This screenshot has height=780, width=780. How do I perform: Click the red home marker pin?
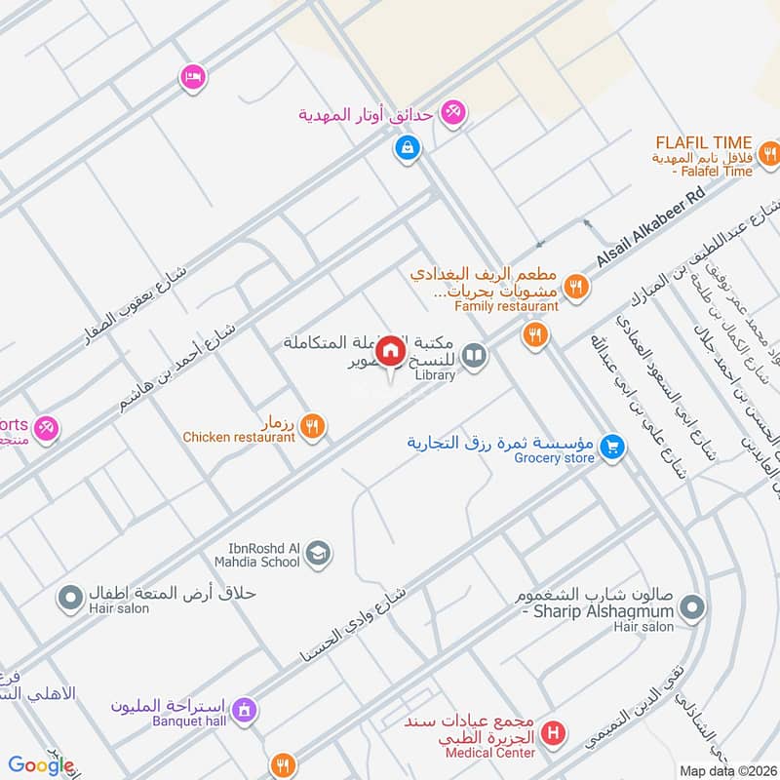[x=390, y=351]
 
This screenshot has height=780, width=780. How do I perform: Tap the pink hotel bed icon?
[x=192, y=77]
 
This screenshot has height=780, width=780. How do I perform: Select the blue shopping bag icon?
[x=407, y=149]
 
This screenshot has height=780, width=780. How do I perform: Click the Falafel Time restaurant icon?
[x=769, y=152]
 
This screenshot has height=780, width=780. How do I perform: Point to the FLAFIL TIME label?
[x=717, y=140]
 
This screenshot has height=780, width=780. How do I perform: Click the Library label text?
[x=435, y=375]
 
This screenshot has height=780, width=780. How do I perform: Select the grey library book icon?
[x=474, y=357]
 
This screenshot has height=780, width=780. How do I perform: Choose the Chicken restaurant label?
[x=239, y=438]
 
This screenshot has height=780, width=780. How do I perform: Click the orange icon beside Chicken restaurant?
[x=312, y=424]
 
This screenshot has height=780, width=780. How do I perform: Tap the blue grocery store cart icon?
[x=611, y=447]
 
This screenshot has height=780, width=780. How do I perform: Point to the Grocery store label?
[x=556, y=458]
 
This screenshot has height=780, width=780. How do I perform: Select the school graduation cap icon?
[x=318, y=555]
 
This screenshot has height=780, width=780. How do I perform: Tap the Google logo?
[x=41, y=765]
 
